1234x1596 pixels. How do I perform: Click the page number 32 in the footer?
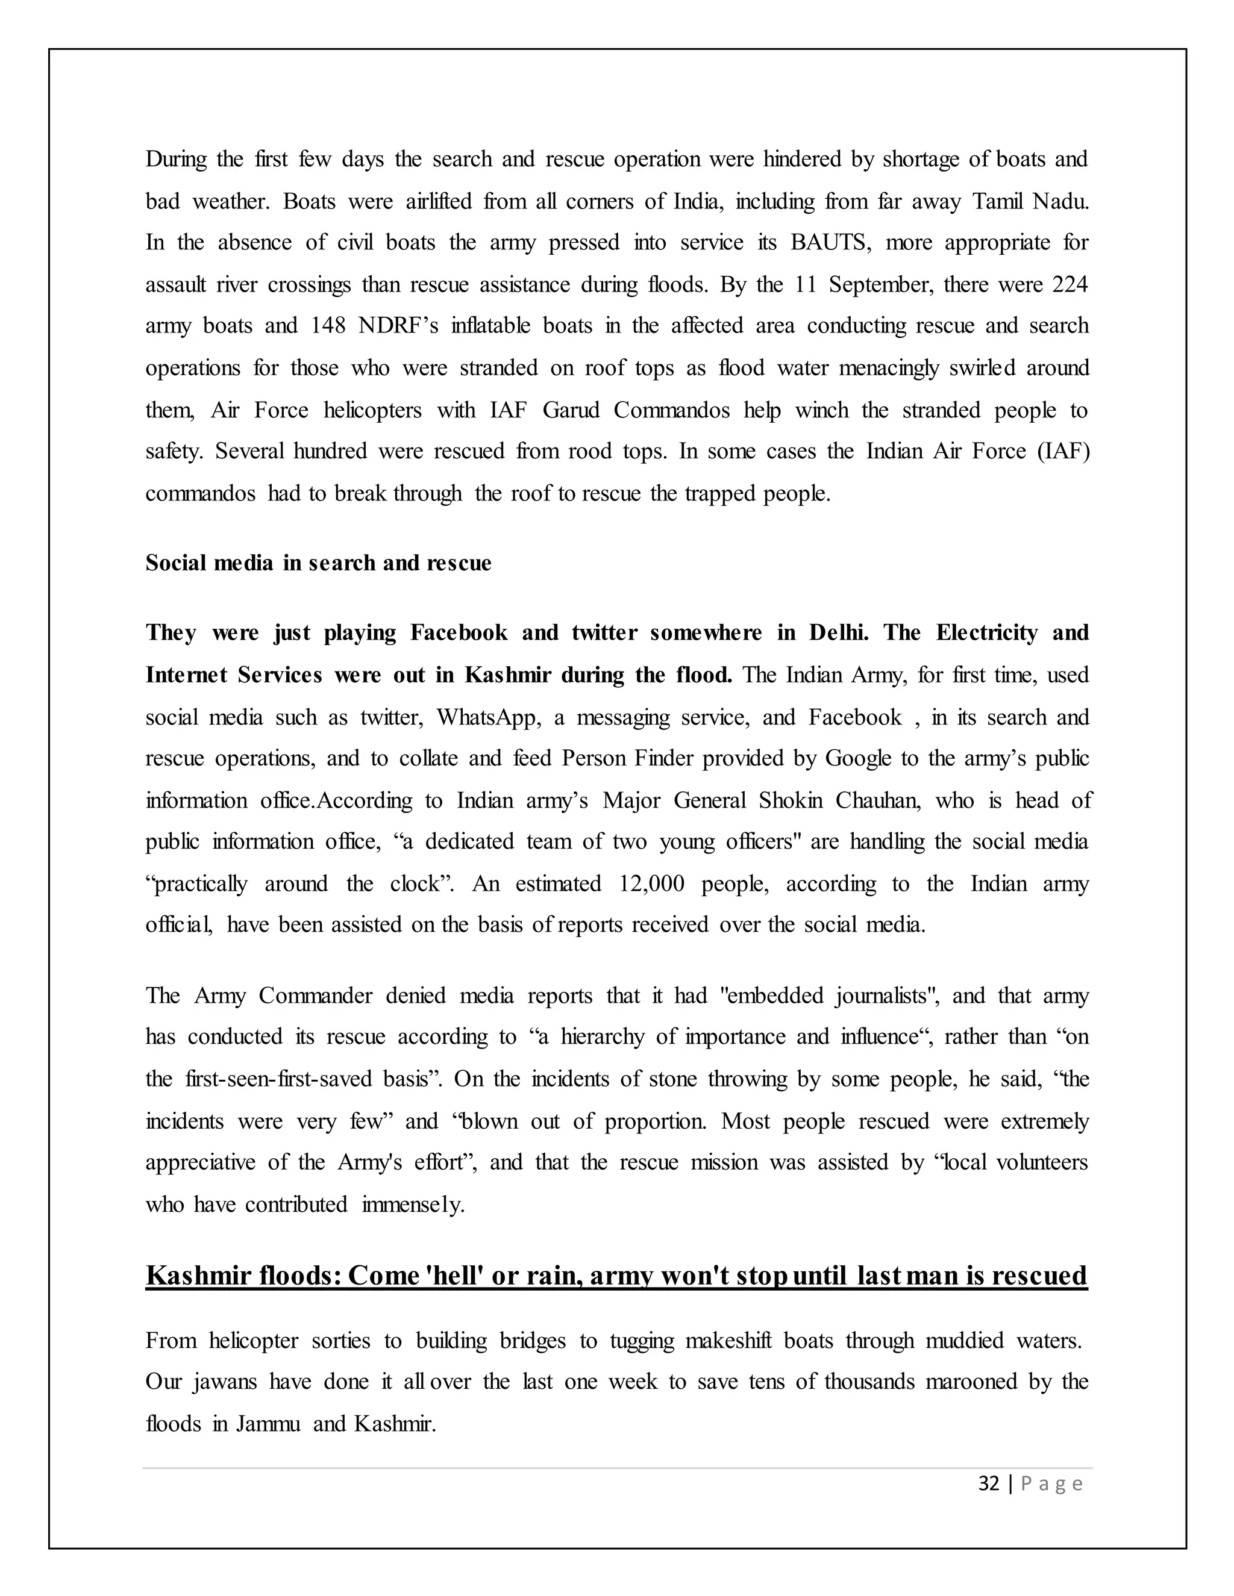(x=988, y=1484)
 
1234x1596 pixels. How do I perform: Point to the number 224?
(x=1070, y=284)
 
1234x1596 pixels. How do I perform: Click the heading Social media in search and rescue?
(x=318, y=563)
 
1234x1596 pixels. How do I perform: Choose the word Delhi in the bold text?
(x=839, y=633)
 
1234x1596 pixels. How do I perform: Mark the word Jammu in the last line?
(x=268, y=1424)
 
